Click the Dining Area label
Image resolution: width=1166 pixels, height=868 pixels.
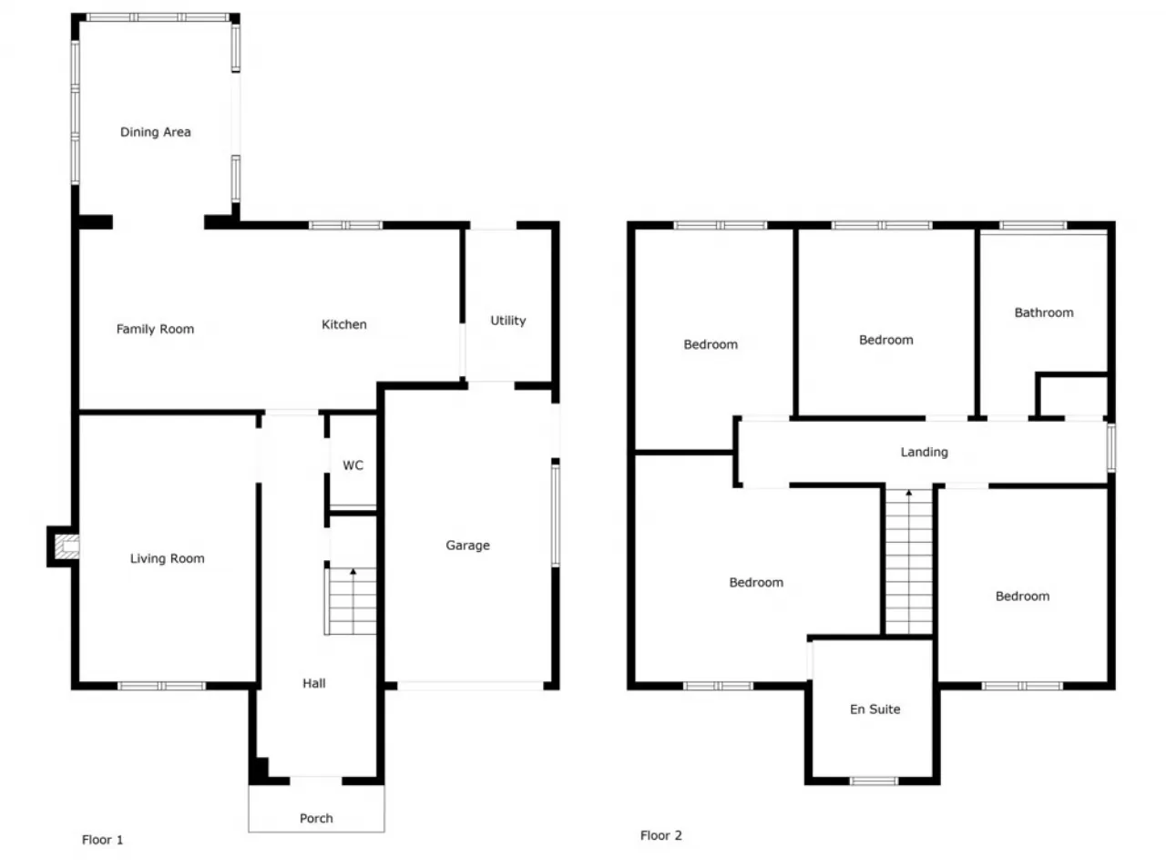point(156,132)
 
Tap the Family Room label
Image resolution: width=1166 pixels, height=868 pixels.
point(155,329)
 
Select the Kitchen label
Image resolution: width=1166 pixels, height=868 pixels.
point(343,324)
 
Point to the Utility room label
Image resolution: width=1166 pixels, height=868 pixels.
point(507,321)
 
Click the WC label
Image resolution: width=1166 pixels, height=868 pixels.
point(353,465)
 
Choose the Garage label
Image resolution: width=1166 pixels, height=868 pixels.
point(467,546)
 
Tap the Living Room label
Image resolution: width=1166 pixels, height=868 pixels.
point(168,558)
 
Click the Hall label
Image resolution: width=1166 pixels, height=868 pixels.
point(314,683)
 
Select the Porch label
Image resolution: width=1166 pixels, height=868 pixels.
point(316,818)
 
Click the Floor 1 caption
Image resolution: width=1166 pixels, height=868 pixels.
point(102,840)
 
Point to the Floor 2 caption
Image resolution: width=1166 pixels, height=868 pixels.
point(660,835)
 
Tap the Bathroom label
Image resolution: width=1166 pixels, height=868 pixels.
point(1044,312)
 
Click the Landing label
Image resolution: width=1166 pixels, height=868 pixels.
point(925,452)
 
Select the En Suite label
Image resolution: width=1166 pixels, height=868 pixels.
point(874,710)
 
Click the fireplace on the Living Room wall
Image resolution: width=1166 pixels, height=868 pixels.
point(64,546)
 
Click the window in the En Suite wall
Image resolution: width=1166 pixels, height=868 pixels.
point(874,781)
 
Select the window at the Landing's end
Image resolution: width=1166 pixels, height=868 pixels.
point(1110,447)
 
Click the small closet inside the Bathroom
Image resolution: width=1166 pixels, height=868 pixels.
point(1072,395)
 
